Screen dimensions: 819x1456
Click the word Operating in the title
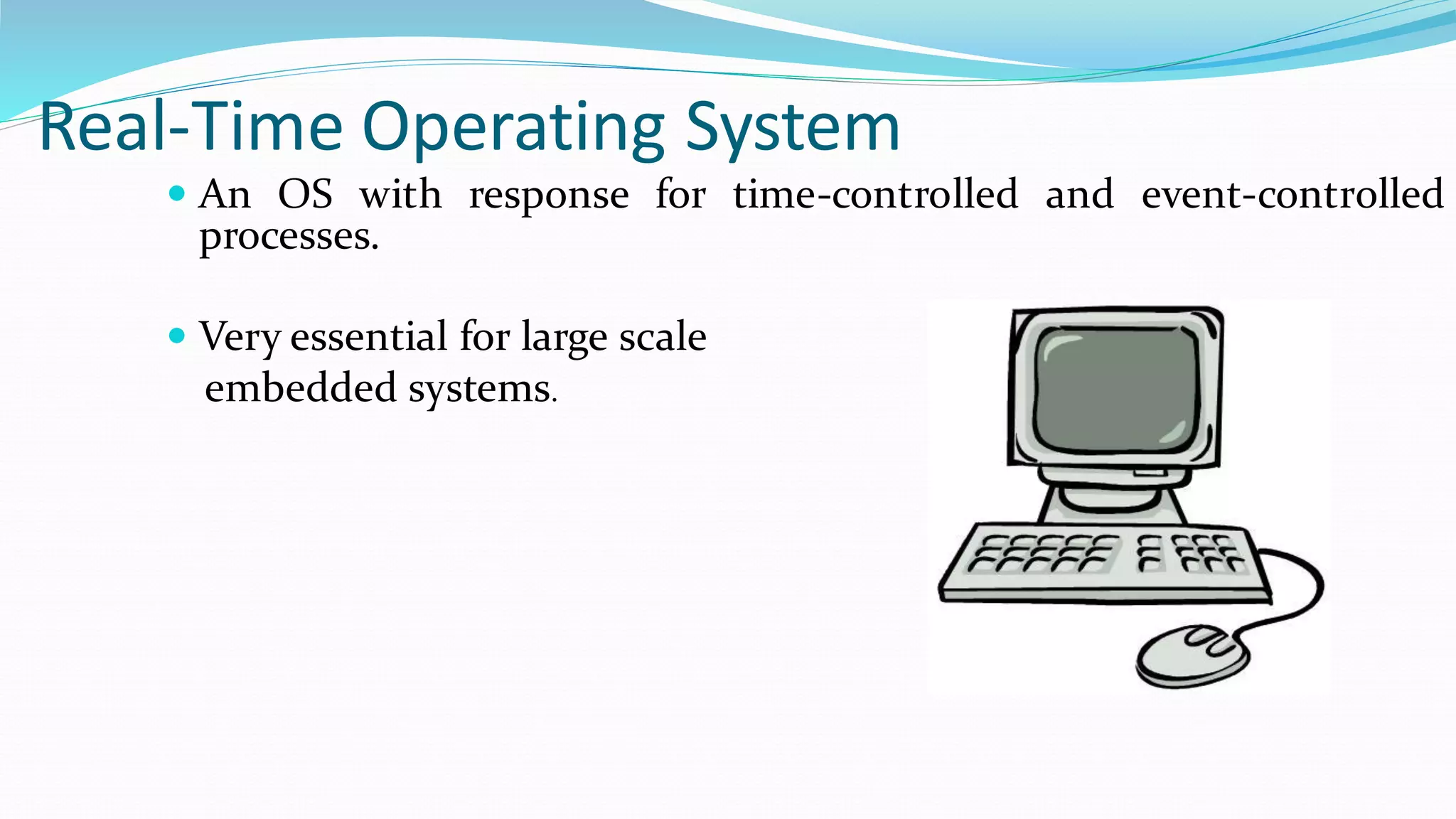click(x=513, y=128)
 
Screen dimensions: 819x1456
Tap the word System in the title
click(x=793, y=128)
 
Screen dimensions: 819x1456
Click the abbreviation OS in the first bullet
click(x=305, y=194)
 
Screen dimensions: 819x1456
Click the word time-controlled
click(x=875, y=194)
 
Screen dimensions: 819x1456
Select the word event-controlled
click(x=1292, y=194)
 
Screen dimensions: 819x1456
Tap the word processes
click(x=289, y=237)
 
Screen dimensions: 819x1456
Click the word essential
click(x=369, y=336)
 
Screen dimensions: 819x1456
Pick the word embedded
click(x=300, y=388)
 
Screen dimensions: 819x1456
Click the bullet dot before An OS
click(x=177, y=193)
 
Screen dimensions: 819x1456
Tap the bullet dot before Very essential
click(x=177, y=336)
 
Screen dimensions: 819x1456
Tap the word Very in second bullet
click(x=240, y=338)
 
